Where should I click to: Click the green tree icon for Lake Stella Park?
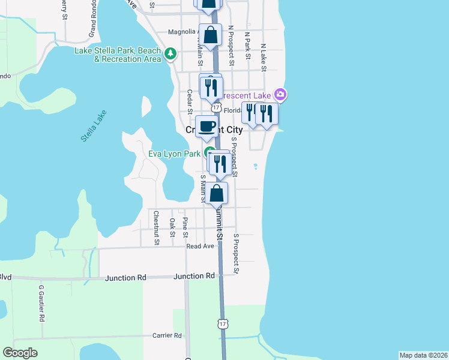click(171, 54)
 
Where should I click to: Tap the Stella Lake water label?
click(93, 126)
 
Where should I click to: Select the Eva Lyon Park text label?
click(174, 154)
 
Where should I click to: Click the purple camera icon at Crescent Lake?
click(280, 94)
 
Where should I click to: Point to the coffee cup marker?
click(206, 127)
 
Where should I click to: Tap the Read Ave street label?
click(200, 246)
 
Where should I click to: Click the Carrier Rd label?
click(167, 335)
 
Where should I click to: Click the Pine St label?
click(185, 227)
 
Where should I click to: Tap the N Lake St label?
click(263, 57)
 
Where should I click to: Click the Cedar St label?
click(189, 101)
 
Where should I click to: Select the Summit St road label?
click(220, 222)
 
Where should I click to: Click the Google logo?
click(20, 352)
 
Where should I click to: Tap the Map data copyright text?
click(423, 355)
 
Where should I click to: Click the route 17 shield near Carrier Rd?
click(223, 324)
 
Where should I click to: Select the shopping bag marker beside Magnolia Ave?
click(211, 35)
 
